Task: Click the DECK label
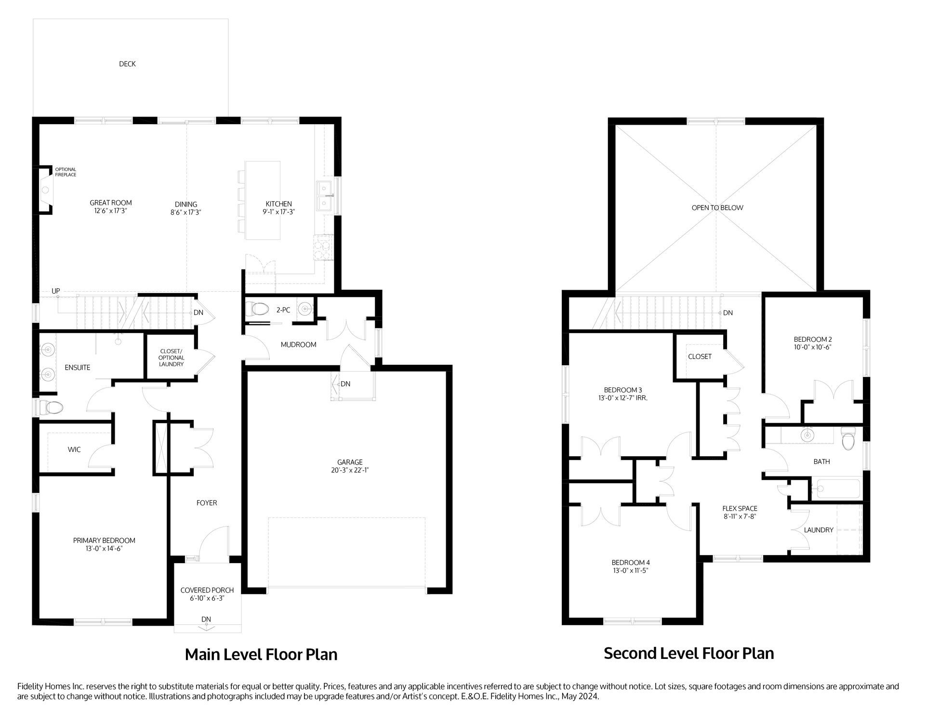[127, 64]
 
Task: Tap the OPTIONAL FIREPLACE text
[66, 172]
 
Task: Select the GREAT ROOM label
[111, 203]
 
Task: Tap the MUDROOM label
[298, 345]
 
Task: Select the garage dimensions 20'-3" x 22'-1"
[350, 470]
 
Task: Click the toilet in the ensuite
[53, 408]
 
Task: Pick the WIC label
[74, 450]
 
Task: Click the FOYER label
[207, 503]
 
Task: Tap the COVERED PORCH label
[207, 590]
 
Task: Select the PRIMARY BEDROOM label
[104, 541]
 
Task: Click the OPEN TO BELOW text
[717, 208]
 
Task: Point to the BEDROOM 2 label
[813, 339]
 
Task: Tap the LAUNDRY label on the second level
[819, 530]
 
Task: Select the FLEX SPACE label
[740, 508]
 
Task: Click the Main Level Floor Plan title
[261, 655]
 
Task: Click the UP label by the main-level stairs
[56, 291]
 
